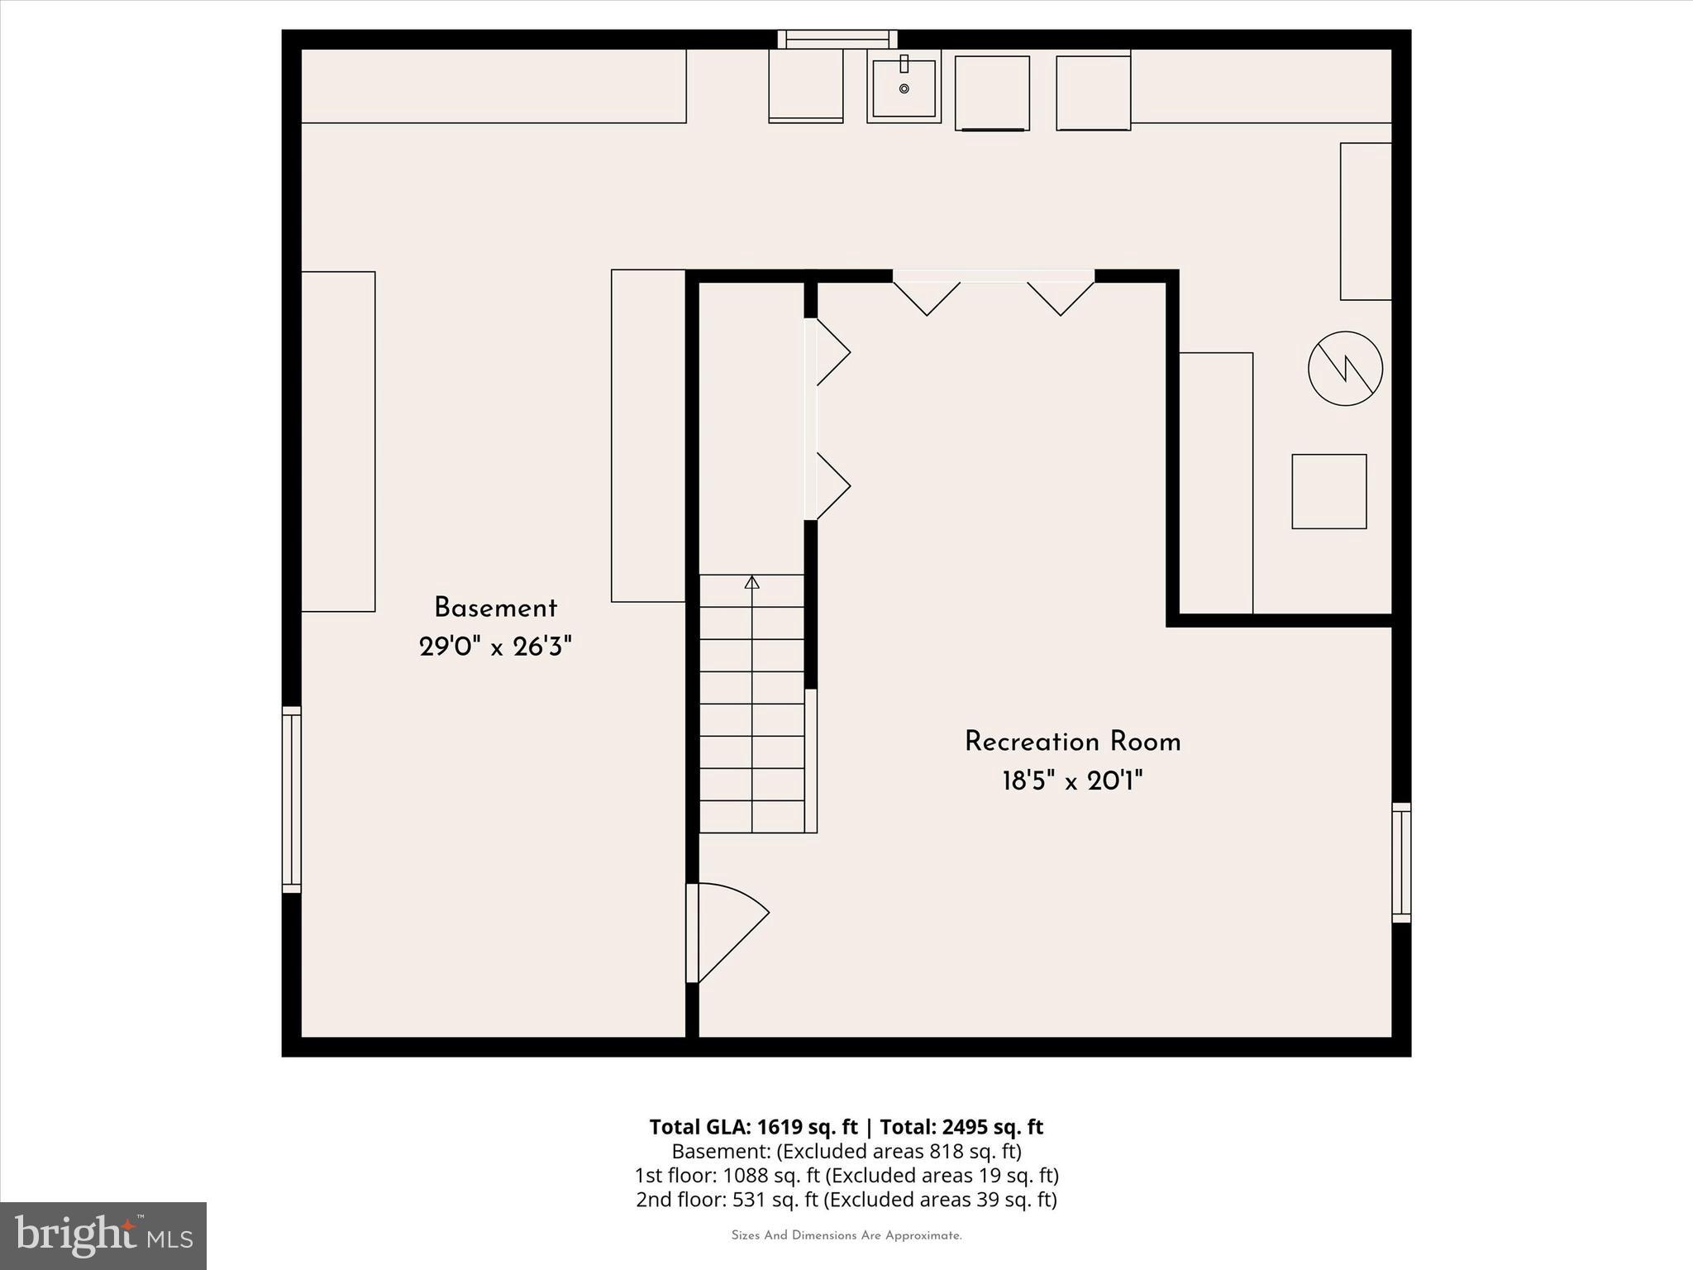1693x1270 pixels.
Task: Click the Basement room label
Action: [495, 609]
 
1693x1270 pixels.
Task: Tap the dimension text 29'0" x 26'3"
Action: [495, 647]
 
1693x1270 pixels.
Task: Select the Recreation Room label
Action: [1072, 742]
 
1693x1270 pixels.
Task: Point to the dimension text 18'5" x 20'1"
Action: [1072, 781]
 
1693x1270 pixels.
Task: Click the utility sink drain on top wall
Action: [904, 88]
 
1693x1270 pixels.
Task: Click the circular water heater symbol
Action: [1345, 368]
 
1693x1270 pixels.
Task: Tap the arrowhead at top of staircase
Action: [751, 582]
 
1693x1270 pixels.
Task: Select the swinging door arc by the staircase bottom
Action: [732, 934]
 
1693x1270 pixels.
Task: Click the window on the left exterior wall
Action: [291, 799]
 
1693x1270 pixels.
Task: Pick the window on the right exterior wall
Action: [1401, 862]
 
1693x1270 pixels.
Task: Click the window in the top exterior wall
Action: [837, 39]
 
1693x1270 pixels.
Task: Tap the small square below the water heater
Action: [1328, 491]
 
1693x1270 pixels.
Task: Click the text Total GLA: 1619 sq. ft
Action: [753, 1127]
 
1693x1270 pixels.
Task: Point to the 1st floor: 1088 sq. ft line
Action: [846, 1175]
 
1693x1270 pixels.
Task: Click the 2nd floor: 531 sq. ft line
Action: [846, 1199]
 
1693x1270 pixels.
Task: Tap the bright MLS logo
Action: [103, 1235]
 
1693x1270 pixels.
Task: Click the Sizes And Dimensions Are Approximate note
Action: [846, 1235]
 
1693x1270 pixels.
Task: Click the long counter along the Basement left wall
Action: [338, 442]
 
